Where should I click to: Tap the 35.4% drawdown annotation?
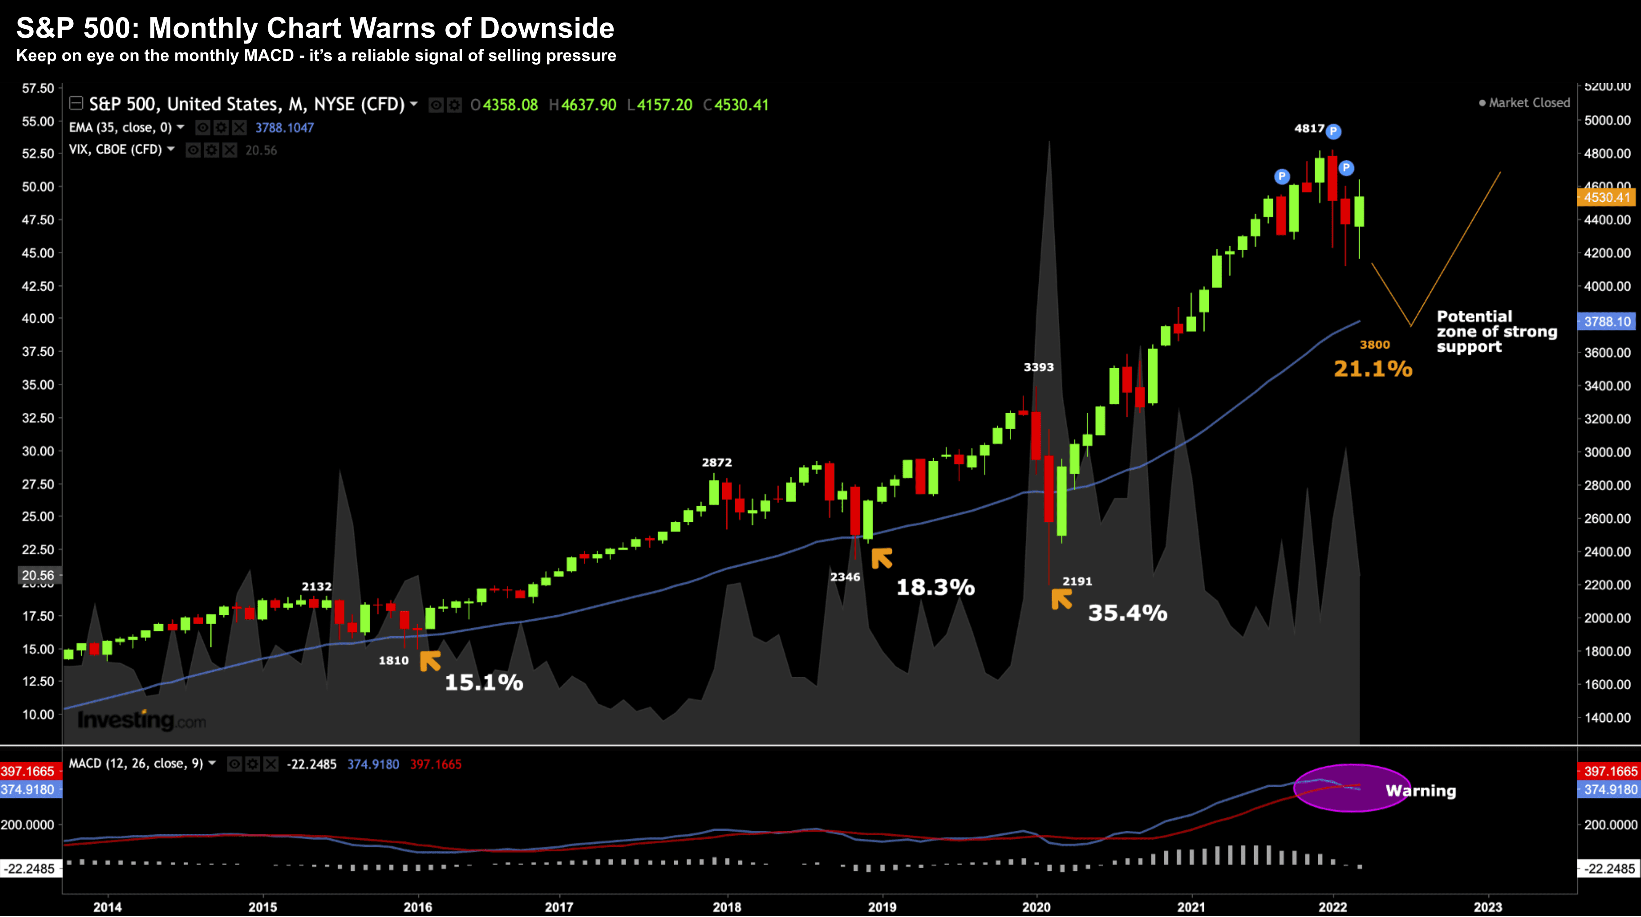click(1127, 613)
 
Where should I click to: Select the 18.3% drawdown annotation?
click(935, 587)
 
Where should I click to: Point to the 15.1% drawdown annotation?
click(483, 683)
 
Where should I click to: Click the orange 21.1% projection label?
click(1373, 369)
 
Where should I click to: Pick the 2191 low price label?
click(1077, 581)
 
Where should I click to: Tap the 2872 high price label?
click(717, 463)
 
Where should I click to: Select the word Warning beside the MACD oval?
click(1421, 791)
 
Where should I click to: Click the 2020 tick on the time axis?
click(1036, 907)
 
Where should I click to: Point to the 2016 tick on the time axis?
click(418, 907)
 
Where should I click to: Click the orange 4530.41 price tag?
click(1606, 198)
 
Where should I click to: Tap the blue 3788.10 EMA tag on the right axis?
click(1606, 322)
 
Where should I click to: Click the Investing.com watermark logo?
click(141, 721)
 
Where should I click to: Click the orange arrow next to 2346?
click(882, 558)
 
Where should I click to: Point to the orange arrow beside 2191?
click(1061, 599)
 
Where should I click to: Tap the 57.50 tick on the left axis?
click(38, 88)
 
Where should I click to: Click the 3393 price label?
click(1038, 367)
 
